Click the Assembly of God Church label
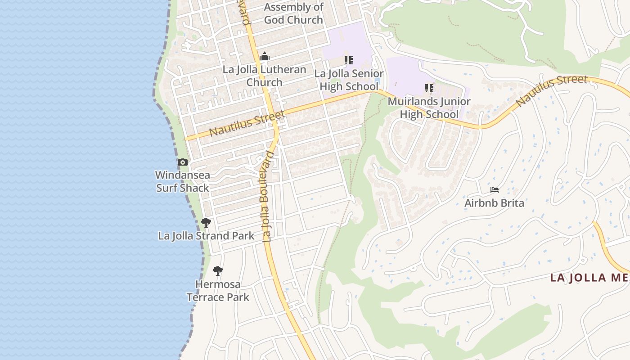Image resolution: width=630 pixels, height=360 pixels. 293,13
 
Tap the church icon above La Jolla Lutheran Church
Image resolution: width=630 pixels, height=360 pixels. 265,57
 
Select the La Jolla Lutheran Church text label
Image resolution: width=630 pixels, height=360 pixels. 265,76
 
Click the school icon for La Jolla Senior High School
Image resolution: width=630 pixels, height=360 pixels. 349,60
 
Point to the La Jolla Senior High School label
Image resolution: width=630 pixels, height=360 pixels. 349,80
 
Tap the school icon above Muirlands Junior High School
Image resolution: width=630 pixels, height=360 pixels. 429,88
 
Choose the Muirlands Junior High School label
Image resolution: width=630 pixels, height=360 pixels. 429,108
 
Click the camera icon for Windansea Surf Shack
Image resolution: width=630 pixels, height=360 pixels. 183,162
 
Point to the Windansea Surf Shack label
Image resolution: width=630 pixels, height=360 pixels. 183,181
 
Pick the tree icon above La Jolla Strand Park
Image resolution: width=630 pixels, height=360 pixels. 206,222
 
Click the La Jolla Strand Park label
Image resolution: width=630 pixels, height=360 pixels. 206,236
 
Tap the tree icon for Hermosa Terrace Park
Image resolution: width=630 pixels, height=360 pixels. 218,270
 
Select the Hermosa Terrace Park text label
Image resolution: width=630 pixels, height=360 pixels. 218,291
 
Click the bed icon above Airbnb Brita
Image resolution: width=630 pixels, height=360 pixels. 495,190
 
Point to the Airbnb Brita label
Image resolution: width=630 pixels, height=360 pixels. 494,203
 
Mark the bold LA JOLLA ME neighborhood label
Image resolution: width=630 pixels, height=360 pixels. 589,278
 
